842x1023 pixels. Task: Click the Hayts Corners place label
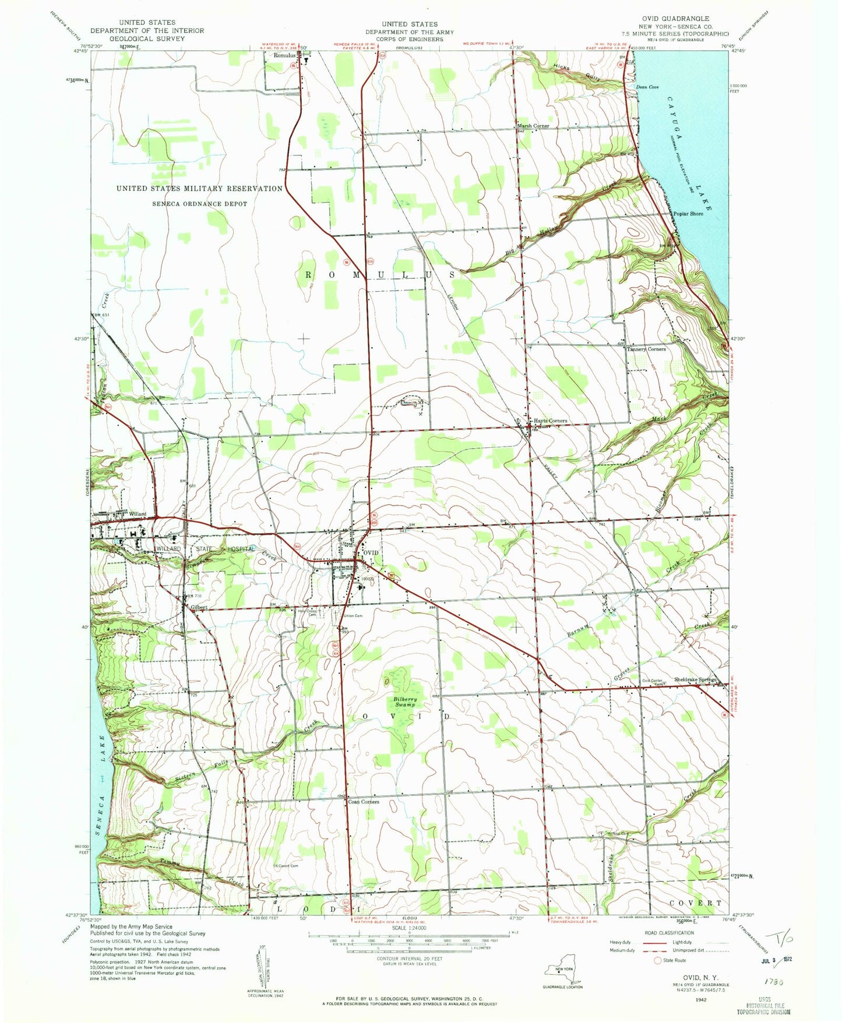coord(550,420)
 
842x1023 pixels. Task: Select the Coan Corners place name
coord(364,802)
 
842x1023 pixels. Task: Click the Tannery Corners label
coord(646,349)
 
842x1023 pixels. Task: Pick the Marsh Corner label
coord(533,126)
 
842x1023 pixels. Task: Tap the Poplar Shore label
coord(688,214)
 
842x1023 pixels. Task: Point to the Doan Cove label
coord(647,87)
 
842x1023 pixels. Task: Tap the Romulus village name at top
coord(285,56)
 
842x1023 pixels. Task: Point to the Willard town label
coord(138,514)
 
